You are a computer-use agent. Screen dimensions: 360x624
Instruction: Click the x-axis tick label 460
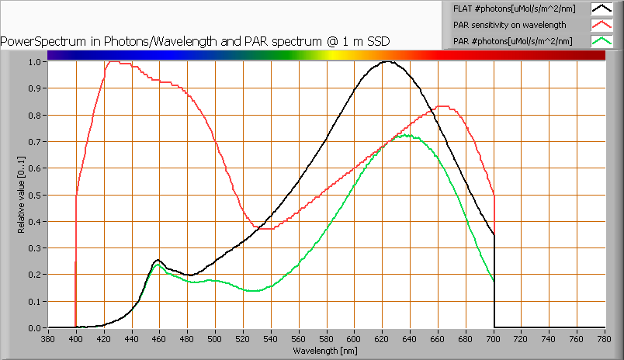pyautogui.click(x=159, y=339)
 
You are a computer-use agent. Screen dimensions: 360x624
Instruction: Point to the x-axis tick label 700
pyautogui.click(x=494, y=339)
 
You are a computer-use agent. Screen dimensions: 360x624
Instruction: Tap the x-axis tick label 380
pyautogui.click(x=48, y=339)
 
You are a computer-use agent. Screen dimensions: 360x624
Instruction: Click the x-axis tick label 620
pyautogui.click(x=383, y=339)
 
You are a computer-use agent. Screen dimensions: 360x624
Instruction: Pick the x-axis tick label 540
pyautogui.click(x=271, y=339)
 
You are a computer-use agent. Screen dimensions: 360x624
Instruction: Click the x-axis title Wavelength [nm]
pyautogui.click(x=326, y=351)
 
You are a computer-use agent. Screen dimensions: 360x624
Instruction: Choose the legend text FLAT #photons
pyautogui.click(x=514, y=9)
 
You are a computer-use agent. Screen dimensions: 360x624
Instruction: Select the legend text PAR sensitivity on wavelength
pyautogui.click(x=509, y=25)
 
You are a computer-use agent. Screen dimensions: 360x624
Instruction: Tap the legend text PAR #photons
pyautogui.click(x=513, y=41)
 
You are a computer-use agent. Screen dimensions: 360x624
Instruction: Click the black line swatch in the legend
pyautogui.click(x=601, y=9)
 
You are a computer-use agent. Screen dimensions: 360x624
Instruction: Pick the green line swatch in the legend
pyautogui.click(x=601, y=41)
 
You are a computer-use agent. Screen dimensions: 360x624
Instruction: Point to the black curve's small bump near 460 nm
pyautogui.click(x=158, y=260)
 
